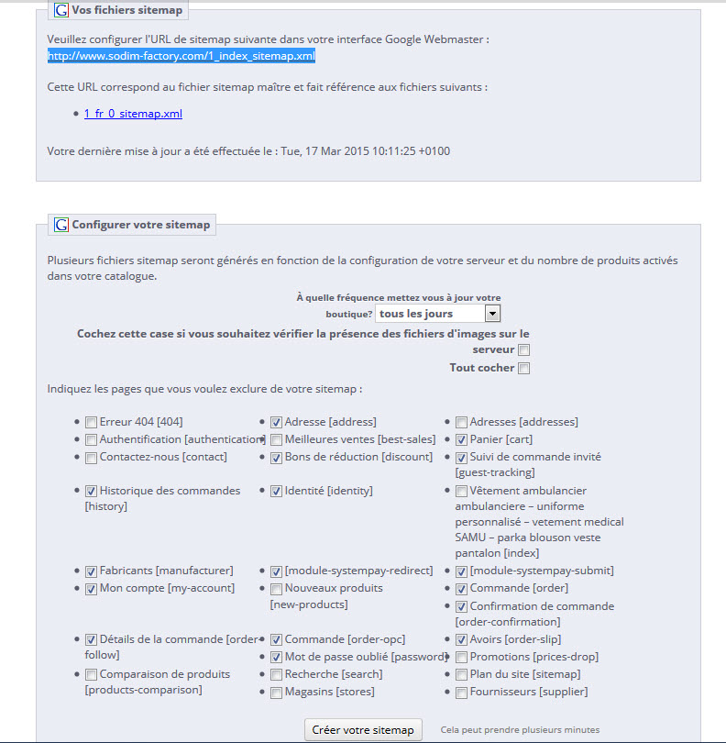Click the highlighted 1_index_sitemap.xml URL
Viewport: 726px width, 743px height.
pos(181,56)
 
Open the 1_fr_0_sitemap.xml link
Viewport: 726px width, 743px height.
pos(133,114)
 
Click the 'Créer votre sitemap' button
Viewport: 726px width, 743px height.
pos(363,730)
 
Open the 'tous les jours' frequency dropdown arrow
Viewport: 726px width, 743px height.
pos(492,314)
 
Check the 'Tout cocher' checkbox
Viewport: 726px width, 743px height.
pos(523,369)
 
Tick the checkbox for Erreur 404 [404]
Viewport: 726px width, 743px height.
pos(91,423)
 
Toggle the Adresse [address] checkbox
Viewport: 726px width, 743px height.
pos(276,423)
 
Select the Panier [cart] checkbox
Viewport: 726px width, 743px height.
pos(461,440)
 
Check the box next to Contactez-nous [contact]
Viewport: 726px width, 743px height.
pos(91,458)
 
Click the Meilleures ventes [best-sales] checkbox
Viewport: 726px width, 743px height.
pos(276,440)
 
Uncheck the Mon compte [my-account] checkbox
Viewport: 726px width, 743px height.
pos(91,589)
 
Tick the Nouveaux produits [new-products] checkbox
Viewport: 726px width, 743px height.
pos(276,589)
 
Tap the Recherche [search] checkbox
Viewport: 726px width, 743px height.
pos(276,675)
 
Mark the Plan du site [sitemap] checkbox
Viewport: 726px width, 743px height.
pos(461,675)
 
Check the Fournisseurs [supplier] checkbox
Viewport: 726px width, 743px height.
pos(461,693)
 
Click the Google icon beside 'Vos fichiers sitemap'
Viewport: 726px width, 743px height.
pos(61,11)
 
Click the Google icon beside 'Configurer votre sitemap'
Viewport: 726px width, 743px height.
pos(61,225)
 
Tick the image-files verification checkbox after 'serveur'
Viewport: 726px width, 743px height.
pos(523,350)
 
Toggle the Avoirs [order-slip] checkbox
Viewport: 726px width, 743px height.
pos(461,640)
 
